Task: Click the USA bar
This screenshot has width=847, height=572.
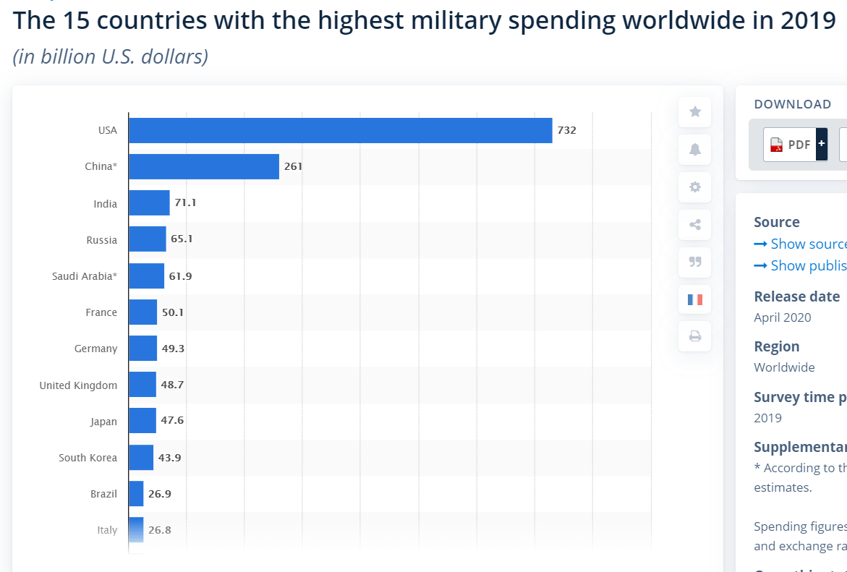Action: [340, 130]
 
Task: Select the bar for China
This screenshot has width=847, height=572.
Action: [203, 166]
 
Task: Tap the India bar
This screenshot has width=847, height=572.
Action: [149, 203]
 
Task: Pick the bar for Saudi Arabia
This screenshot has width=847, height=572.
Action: [146, 276]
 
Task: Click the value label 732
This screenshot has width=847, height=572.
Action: [566, 130]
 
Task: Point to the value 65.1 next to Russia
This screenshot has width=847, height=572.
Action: [181, 239]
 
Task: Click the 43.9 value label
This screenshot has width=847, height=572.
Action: [169, 458]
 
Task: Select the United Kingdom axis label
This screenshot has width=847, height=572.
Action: [78, 385]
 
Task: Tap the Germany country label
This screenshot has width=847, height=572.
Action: [95, 349]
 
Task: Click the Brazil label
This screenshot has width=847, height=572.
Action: [103, 494]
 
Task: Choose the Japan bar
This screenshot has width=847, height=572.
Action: [142, 421]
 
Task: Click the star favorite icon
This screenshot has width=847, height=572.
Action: [695, 111]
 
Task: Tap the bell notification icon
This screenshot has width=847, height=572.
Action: [695, 150]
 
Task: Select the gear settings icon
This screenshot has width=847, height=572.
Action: [695, 187]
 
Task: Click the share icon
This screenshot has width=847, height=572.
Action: [695, 225]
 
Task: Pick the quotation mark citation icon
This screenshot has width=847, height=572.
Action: [695, 262]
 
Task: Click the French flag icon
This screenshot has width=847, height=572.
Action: [695, 299]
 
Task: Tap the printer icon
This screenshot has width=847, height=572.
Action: [695, 336]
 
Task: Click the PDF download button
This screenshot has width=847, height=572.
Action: [795, 145]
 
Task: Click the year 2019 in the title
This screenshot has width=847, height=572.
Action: [808, 20]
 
